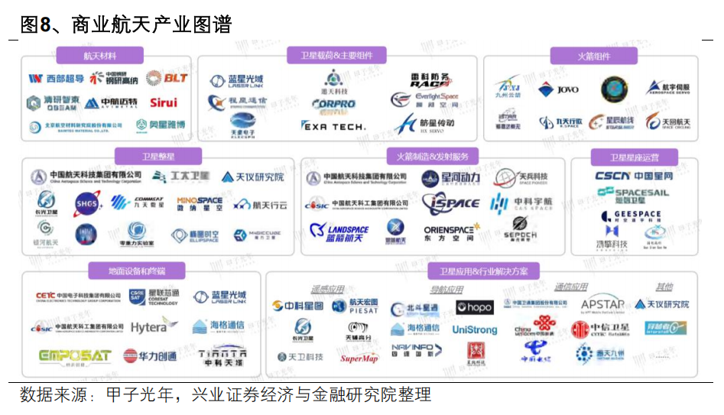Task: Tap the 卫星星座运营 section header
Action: (634, 157)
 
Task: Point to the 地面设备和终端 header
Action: (137, 271)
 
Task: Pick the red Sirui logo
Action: (162, 102)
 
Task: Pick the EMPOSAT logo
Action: (75, 356)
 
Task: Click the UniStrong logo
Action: (474, 330)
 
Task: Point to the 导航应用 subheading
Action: (446, 290)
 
